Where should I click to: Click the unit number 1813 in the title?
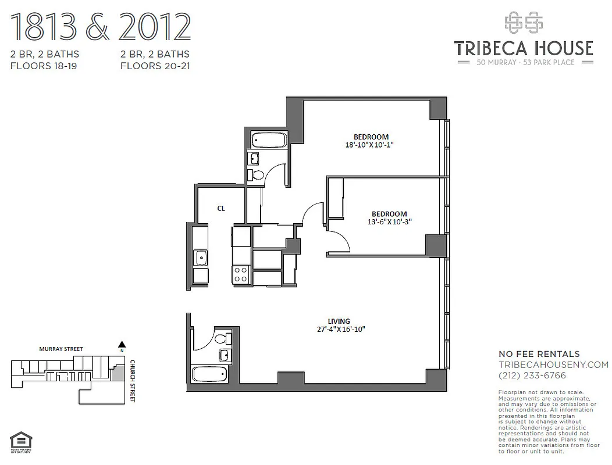[44, 27]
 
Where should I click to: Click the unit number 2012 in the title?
[155, 27]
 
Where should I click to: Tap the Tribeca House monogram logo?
[523, 24]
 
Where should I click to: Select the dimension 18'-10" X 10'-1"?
[369, 145]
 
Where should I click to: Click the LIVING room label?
[339, 321]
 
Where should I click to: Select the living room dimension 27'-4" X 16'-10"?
[340, 330]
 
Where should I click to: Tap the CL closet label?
[221, 208]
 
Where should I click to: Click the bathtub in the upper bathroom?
[268, 140]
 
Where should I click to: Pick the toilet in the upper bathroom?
[257, 174]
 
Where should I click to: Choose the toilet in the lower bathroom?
[223, 338]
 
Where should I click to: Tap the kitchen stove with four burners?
[241, 274]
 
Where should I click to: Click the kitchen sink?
[201, 257]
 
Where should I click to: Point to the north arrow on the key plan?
[122, 344]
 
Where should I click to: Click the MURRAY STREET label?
[61, 349]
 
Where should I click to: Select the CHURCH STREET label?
[133, 381]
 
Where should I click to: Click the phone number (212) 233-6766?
[532, 375]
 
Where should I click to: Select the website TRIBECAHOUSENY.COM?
[553, 364]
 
